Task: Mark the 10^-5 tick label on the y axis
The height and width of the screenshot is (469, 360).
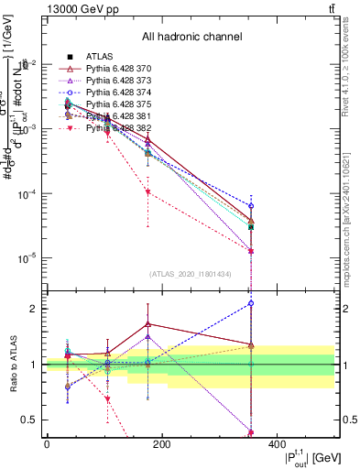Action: click(27, 259)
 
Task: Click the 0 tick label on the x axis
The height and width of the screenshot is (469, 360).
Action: click(47, 445)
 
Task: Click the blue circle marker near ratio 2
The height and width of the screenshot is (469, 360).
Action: click(251, 302)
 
